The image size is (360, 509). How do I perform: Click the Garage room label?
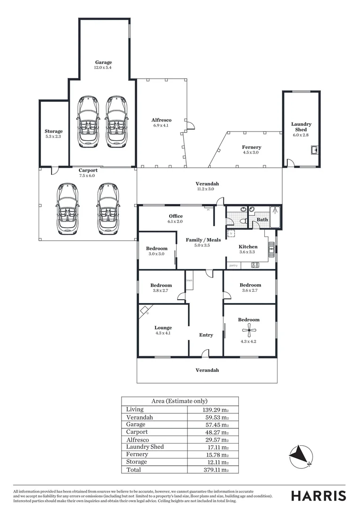(104, 62)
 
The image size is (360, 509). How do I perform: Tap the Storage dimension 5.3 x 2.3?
(54, 137)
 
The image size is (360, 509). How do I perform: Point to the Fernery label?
(252, 147)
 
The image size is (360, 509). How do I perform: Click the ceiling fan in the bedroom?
(248, 332)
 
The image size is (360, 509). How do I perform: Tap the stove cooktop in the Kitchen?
(255, 265)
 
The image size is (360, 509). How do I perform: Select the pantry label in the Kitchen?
(233, 265)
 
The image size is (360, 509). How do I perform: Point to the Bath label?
(262, 220)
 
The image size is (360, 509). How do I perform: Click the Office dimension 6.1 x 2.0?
(175, 222)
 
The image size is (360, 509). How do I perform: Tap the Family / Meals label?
(203, 240)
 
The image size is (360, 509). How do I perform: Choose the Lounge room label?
(163, 328)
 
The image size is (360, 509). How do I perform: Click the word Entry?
(206, 335)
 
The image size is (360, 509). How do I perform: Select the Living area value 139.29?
(212, 410)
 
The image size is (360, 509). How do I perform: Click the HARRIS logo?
(319, 496)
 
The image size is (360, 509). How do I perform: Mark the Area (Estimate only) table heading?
(180, 401)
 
